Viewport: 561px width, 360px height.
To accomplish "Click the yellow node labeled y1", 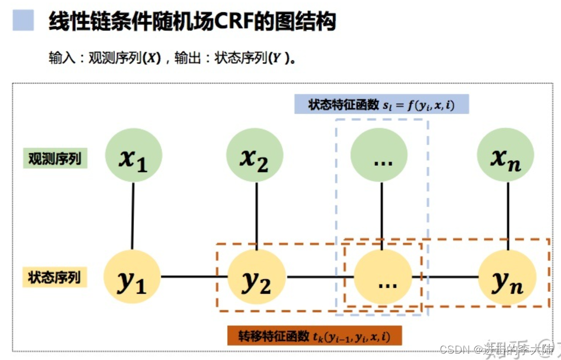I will [x=132, y=277].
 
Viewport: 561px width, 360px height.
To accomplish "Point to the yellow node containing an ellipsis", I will [x=383, y=277].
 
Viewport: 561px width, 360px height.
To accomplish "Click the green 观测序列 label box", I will [x=55, y=159].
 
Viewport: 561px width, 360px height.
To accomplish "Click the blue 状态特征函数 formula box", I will [x=382, y=105].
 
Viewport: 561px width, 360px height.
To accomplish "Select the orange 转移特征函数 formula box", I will [x=315, y=336].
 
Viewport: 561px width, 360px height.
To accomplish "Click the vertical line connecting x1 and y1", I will [x=133, y=216].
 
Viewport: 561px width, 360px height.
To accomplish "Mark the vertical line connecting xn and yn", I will [x=508, y=216].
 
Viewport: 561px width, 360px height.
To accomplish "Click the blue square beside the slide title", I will [x=23, y=21].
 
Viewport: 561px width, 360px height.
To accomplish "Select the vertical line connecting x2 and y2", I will [x=256, y=216].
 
